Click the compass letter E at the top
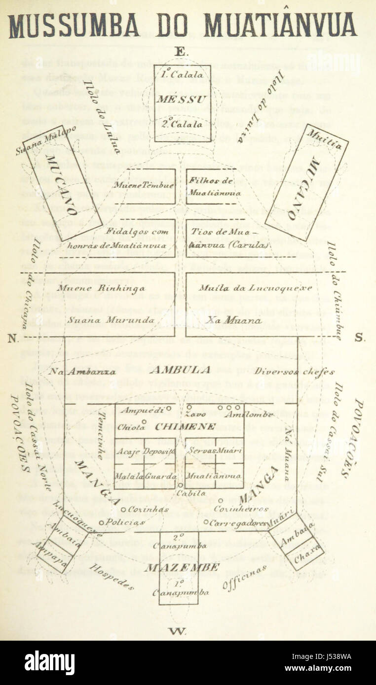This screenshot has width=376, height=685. (x=181, y=52)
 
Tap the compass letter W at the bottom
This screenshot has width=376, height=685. (x=176, y=631)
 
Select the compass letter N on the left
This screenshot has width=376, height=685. (x=12, y=339)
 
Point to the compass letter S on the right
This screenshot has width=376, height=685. (x=359, y=339)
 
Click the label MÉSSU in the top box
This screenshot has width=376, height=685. (x=182, y=99)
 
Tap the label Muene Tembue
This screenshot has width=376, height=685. (x=144, y=185)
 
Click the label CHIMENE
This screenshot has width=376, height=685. (x=185, y=427)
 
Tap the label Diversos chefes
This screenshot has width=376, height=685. (x=295, y=372)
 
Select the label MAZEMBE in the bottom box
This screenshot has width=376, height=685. (x=182, y=567)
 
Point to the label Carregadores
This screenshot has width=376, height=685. (x=239, y=523)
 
